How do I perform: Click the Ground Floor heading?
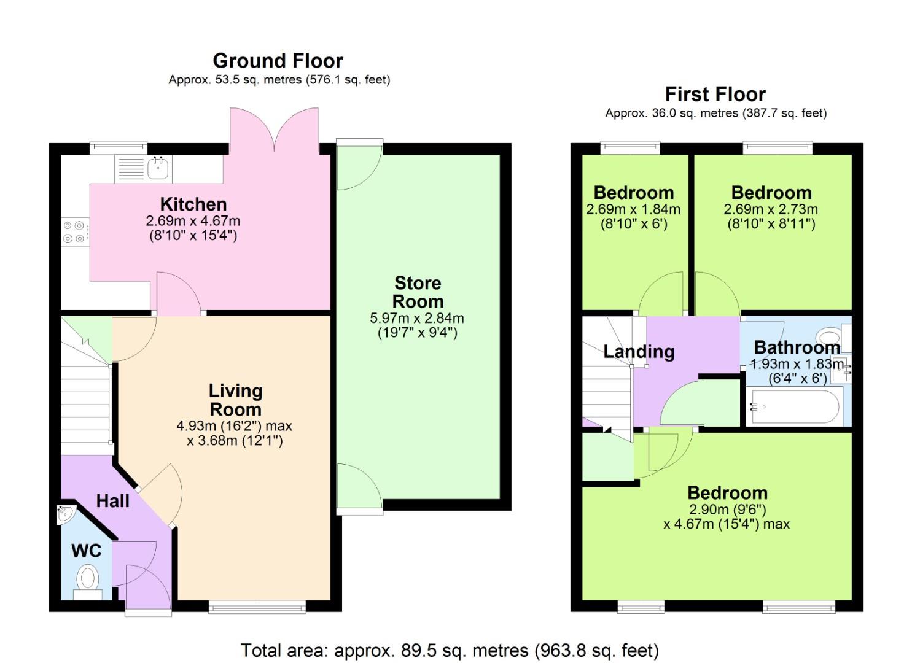pos(278,61)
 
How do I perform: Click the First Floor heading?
pos(715,95)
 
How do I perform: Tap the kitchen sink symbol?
pos(158,167)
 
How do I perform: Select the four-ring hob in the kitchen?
pos(74,232)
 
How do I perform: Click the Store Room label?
pos(418,292)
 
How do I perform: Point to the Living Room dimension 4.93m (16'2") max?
pos(234,425)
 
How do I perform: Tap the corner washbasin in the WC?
pos(65,514)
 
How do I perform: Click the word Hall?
pos(113,501)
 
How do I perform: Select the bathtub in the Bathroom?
pos(793,406)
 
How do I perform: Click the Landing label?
pos(639,352)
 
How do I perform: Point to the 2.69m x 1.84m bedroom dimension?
pos(633,209)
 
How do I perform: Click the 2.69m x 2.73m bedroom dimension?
pos(771,209)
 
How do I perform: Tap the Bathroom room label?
pos(797,347)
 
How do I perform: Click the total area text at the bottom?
pos(450,650)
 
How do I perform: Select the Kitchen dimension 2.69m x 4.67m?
pos(193,220)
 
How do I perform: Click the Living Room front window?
pos(257,607)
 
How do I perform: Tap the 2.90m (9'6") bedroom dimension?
pos(727,509)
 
